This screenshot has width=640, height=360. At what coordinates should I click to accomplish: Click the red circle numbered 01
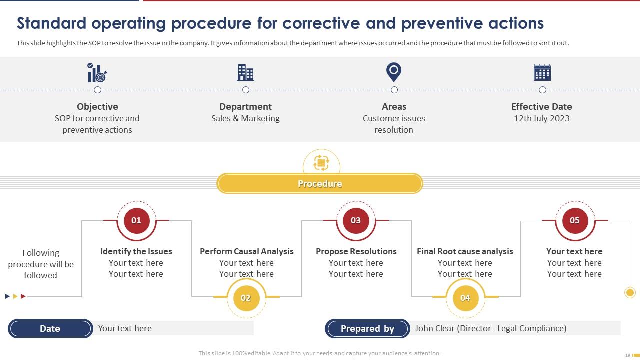click(x=136, y=220)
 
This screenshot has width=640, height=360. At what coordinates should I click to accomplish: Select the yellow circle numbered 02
click(x=246, y=298)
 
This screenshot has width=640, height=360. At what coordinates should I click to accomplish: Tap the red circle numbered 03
click(x=355, y=220)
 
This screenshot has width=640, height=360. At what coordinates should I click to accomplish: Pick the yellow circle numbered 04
click(x=465, y=298)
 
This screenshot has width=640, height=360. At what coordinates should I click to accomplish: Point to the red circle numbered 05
click(x=575, y=220)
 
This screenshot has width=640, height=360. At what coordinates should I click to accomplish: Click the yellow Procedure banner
click(x=320, y=184)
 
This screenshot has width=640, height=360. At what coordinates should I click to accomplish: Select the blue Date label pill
click(x=50, y=328)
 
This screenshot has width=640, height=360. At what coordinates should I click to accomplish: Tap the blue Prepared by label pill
click(x=367, y=328)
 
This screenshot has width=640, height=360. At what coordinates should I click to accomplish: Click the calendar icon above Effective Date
click(x=542, y=73)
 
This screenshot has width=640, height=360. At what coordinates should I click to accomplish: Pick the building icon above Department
click(x=245, y=73)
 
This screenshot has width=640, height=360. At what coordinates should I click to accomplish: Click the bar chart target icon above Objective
click(x=97, y=73)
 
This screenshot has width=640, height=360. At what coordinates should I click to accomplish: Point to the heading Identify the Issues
click(x=136, y=251)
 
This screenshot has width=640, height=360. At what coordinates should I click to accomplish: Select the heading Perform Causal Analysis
click(x=246, y=251)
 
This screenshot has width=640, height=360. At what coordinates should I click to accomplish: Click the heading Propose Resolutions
click(x=356, y=251)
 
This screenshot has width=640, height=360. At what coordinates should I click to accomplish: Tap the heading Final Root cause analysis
click(x=465, y=251)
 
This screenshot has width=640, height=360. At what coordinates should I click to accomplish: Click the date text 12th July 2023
click(x=541, y=118)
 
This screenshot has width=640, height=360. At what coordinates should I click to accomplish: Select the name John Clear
click(x=434, y=328)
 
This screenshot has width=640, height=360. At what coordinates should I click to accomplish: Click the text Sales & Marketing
click(x=245, y=118)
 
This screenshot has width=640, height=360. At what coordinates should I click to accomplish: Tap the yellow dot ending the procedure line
click(x=630, y=293)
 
